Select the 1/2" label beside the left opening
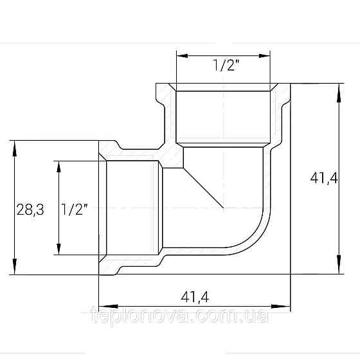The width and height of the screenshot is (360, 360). (75, 209)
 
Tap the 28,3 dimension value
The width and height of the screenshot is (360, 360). (30, 209)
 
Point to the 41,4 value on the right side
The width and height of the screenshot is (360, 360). (323, 179)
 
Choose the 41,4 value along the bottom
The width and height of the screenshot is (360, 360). (196, 296)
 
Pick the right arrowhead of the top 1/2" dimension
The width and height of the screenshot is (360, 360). (273, 56)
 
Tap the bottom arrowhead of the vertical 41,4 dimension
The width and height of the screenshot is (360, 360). (337, 269)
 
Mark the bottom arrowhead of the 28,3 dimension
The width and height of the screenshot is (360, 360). (14, 269)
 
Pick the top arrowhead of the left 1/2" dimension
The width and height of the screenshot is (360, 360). (59, 165)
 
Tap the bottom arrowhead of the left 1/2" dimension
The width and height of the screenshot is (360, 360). (59, 251)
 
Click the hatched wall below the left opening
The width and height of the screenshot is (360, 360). (129, 264)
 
